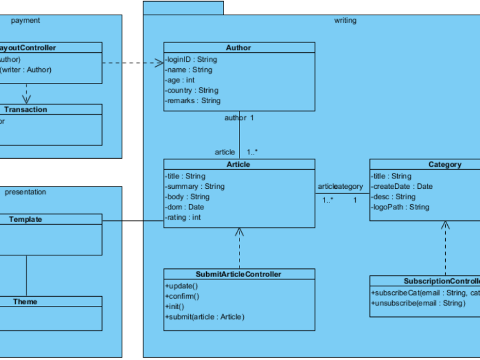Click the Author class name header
pyautogui.click(x=238, y=47)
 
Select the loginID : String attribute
pyautogui.click(x=191, y=59)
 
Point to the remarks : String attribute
pyautogui.click(x=193, y=101)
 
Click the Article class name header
pyautogui.click(x=238, y=164)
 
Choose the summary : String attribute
pyautogui.click(x=195, y=187)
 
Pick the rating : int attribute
pyautogui.click(x=183, y=218)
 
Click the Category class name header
pyautogui.click(x=445, y=164)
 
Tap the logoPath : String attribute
pyautogui.click(x=400, y=207)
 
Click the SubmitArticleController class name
pyautogui.click(x=238, y=274)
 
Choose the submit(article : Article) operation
pyautogui.click(x=205, y=317)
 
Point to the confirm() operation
pyautogui.click(x=182, y=296)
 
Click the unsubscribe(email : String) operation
pyautogui.click(x=418, y=303)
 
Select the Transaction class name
pyautogui.click(x=26, y=109)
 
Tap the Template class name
pyautogui.click(x=26, y=219)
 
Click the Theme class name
pyautogui.click(x=26, y=302)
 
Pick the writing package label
pyautogui.click(x=345, y=20)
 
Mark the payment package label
pyautogui.click(x=26, y=20)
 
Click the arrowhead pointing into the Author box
pyautogui.click(x=160, y=63)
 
